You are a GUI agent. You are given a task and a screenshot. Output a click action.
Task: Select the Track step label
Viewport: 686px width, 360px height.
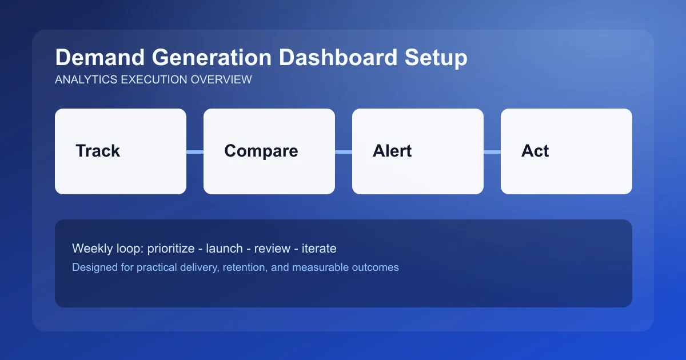(x=98, y=151)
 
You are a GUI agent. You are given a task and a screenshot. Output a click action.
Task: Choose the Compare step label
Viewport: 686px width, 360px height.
(x=261, y=151)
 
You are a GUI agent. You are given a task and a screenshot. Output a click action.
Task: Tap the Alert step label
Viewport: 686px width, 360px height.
(x=392, y=151)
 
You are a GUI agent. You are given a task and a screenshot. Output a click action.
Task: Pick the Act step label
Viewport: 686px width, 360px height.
(x=535, y=151)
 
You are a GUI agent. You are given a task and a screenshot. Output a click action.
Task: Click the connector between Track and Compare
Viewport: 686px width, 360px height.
(x=195, y=151)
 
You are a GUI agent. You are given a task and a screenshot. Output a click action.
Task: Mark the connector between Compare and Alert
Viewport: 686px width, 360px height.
(x=344, y=151)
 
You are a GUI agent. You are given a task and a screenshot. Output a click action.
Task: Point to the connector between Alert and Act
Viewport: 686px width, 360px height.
(x=492, y=151)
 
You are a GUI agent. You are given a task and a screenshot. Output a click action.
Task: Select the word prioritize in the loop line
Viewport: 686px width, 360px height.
(x=170, y=249)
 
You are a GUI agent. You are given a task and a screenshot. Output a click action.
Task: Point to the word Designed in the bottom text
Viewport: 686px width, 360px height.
(x=93, y=267)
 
